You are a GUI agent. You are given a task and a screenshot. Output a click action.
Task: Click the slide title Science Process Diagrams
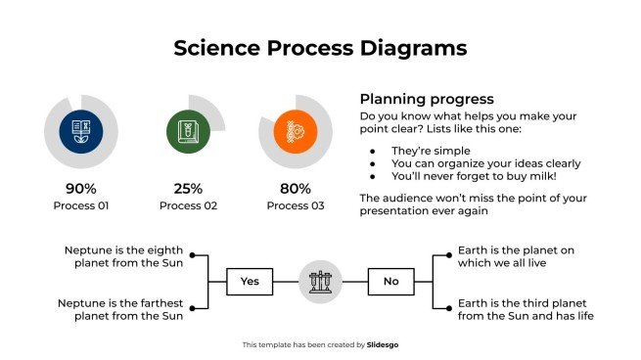pos(320,48)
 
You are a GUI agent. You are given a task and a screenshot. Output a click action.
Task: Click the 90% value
pos(81,188)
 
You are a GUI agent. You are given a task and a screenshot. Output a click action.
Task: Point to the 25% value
pos(188,188)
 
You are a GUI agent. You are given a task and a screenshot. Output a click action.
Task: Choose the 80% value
pos(295,188)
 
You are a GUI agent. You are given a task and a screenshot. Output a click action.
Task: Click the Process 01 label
pos(81,205)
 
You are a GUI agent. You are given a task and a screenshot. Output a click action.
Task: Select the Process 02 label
pos(188,205)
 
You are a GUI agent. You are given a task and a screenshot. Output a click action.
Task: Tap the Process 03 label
pos(295,205)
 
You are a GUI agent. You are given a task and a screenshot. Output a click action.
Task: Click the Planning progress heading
pos(426,99)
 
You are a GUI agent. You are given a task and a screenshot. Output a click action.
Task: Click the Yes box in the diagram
pos(250,282)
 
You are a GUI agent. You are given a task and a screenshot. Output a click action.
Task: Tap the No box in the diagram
pos(391,282)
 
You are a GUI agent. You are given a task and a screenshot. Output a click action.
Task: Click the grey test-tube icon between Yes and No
pos(320,282)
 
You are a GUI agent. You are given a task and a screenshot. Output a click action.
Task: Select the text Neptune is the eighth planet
pos(122,256)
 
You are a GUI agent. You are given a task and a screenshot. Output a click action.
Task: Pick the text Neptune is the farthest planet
pos(119,309)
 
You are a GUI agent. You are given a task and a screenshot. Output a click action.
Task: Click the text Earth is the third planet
pos(526,309)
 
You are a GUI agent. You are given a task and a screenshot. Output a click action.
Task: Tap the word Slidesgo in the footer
pos(382,344)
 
